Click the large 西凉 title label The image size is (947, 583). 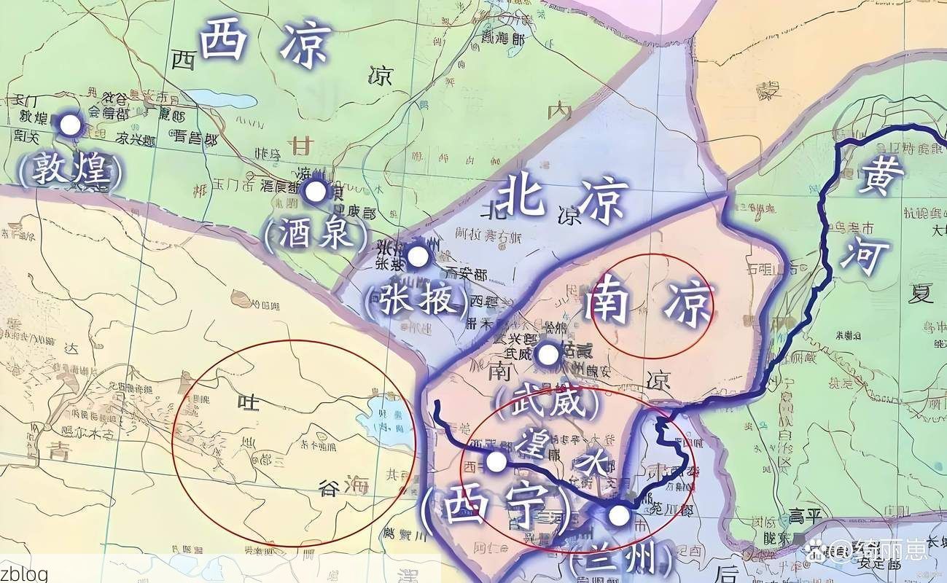coord(266,44)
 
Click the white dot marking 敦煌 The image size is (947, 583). coord(70,125)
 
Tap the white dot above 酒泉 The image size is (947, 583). coord(316,192)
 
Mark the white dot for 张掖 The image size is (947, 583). coord(417,256)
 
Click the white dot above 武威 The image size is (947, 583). coord(547,355)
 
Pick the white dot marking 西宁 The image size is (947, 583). coord(496,461)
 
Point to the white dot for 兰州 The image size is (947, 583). coord(619,516)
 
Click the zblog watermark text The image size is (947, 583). coord(24,573)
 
